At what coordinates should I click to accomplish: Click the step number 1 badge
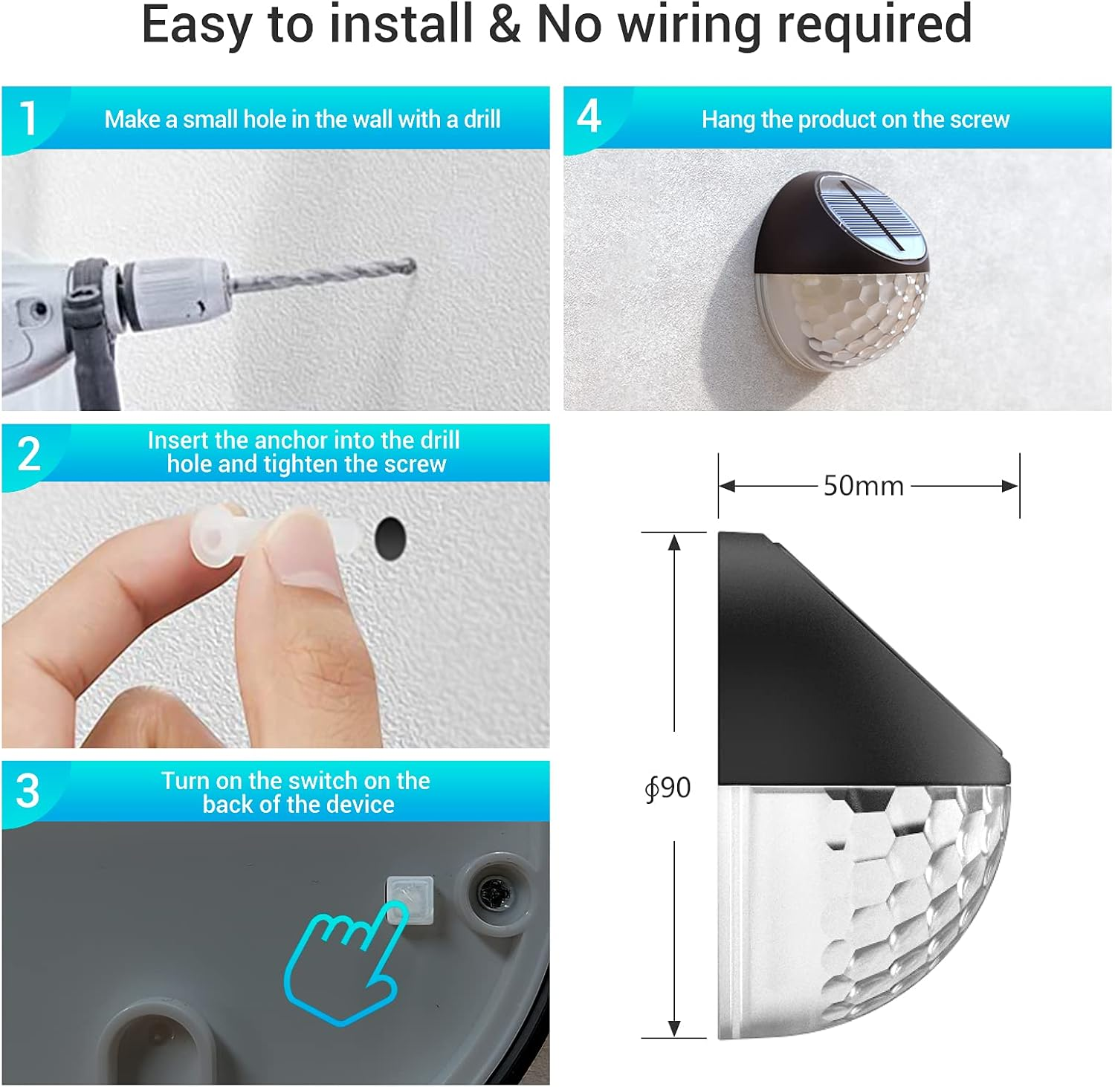(x=28, y=118)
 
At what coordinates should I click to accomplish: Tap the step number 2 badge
(x=29, y=454)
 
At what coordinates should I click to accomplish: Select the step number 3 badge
(x=28, y=791)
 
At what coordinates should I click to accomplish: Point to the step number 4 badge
(x=589, y=117)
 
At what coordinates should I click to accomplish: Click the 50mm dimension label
(x=863, y=486)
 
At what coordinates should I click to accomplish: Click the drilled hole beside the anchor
(x=390, y=538)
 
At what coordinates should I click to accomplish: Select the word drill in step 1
(x=482, y=119)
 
